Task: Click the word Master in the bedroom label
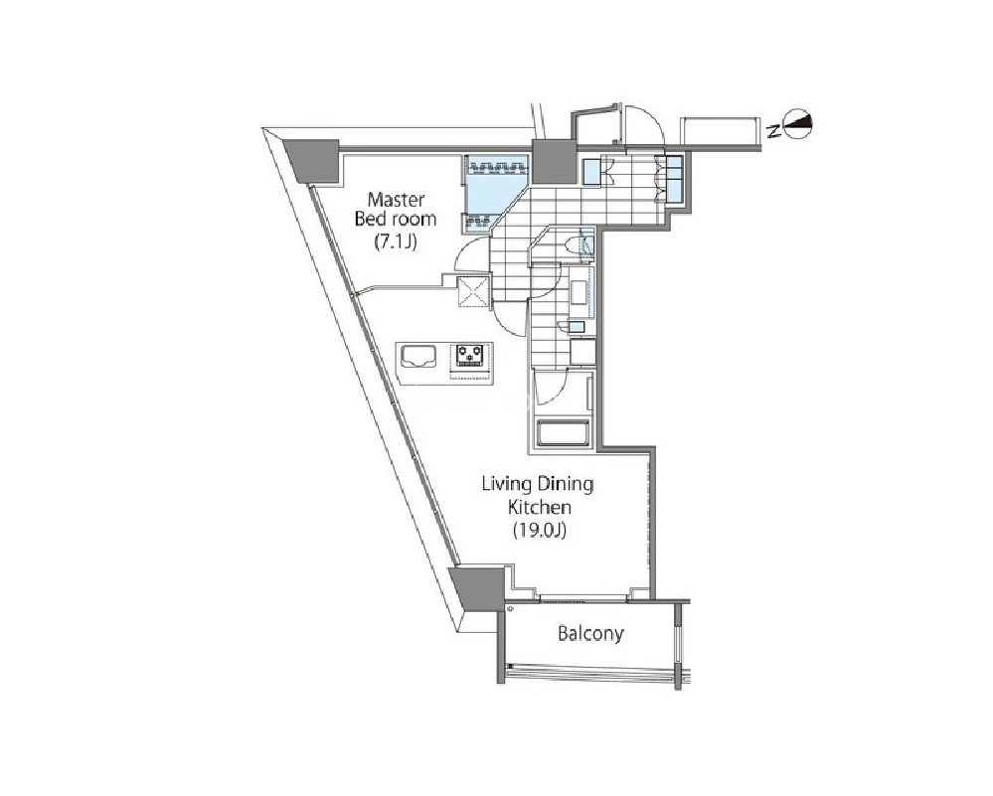tap(396, 200)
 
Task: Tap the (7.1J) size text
tap(396, 241)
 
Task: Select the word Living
tap(507, 484)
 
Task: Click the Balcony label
tap(590, 633)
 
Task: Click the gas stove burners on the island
tap(470, 355)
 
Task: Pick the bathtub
tap(564, 433)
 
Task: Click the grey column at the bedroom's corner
tap(312, 161)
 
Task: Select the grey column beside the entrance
tap(553, 161)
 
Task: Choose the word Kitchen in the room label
tap(540, 507)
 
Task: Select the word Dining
tap(565, 484)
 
